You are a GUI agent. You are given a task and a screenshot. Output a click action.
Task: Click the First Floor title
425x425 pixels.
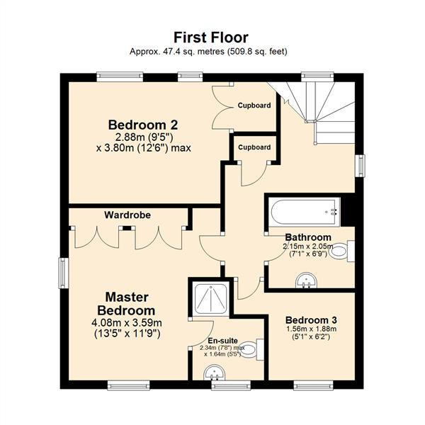[x=211, y=37]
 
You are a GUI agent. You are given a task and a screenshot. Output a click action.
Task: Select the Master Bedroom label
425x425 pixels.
[x=125, y=303]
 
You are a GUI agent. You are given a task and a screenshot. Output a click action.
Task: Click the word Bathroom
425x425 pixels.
[x=307, y=237]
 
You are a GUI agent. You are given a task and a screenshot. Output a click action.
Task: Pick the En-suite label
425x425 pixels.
[x=222, y=340]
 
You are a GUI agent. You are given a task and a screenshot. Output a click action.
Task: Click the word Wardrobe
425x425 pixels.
[x=127, y=214]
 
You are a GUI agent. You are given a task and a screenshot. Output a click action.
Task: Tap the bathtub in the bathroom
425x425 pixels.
[x=303, y=210]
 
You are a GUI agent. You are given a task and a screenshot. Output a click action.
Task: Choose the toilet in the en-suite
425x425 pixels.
[x=258, y=348]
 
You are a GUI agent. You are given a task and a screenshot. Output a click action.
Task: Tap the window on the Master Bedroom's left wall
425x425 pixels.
[x=62, y=272]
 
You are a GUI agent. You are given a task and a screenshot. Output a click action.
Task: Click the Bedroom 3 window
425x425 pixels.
[x=313, y=385]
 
